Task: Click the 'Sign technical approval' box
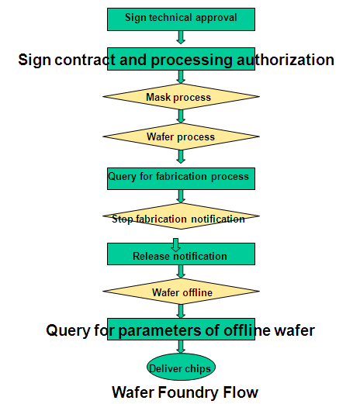pos(181,19)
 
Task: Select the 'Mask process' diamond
pos(181,96)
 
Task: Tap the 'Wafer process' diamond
pos(181,136)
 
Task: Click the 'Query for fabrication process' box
pos(181,178)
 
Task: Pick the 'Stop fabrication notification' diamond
pos(181,216)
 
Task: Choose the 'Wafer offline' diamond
pos(181,291)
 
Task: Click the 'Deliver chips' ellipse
pos(181,367)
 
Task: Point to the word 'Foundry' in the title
pos(187,392)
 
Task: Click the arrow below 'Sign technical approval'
pos(181,37)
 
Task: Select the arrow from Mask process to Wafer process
pos(181,116)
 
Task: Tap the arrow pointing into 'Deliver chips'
pos(181,347)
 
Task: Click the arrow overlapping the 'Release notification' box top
pos(176,245)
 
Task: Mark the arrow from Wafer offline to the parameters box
pos(181,311)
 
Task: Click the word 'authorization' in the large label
pos(286,60)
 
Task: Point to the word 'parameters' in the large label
pos(160,330)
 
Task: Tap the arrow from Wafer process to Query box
pos(181,157)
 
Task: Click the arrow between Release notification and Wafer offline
pos(181,271)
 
